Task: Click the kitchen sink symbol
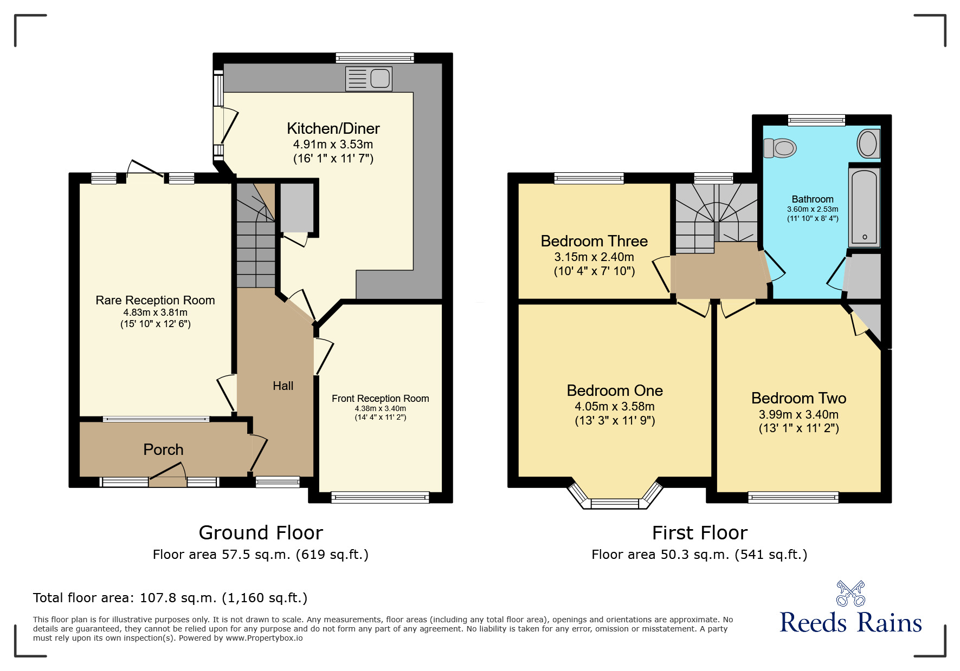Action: click(x=369, y=79)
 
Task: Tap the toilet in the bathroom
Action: click(x=780, y=147)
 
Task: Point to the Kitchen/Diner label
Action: click(x=333, y=128)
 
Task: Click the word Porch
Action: click(x=163, y=449)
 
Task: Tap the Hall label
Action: click(x=283, y=386)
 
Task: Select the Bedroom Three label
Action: click(x=594, y=241)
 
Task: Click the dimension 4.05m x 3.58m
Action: click(x=615, y=406)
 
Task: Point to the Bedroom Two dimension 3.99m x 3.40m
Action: click(x=798, y=414)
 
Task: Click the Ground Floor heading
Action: click(x=261, y=533)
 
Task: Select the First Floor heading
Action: click(x=699, y=533)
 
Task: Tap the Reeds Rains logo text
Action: click(x=850, y=623)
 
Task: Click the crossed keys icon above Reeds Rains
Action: click(x=851, y=593)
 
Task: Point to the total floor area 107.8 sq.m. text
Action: click(x=170, y=598)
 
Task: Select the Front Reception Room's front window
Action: click(x=380, y=497)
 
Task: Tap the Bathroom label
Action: click(x=812, y=199)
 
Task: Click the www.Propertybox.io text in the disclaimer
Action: click(x=264, y=638)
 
